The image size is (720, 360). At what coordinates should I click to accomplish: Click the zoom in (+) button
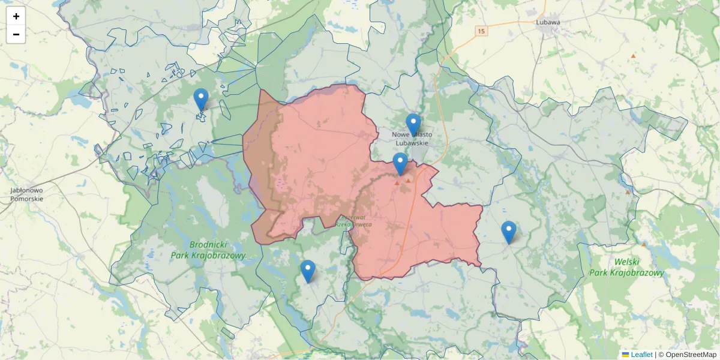click(x=16, y=16)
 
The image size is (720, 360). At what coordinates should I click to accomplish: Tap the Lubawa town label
click(x=547, y=23)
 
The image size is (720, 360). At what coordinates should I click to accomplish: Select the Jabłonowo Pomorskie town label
click(x=26, y=194)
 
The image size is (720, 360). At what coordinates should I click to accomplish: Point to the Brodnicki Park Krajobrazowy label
click(x=217, y=250)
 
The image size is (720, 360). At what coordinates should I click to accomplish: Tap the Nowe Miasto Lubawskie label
click(x=412, y=139)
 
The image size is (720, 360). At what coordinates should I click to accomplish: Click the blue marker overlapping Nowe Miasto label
click(x=413, y=125)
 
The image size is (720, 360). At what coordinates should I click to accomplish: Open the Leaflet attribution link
click(x=641, y=355)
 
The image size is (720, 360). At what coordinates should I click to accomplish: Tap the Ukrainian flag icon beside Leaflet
click(x=625, y=355)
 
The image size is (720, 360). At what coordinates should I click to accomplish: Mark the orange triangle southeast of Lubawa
click(x=632, y=56)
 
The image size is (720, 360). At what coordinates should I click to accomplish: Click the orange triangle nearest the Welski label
click(x=643, y=244)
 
